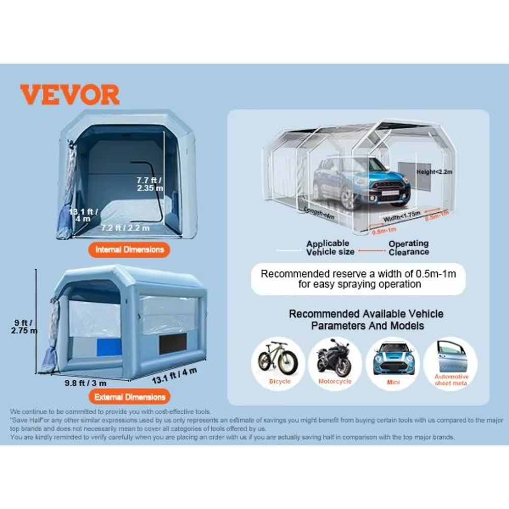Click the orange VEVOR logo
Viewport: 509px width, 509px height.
(x=70, y=95)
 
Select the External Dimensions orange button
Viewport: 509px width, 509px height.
(x=130, y=397)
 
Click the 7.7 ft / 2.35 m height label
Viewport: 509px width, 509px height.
(x=150, y=184)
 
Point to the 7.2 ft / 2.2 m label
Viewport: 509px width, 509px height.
(x=125, y=228)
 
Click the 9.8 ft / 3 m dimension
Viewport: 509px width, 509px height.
(x=86, y=382)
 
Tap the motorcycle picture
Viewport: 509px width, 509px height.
(x=334, y=361)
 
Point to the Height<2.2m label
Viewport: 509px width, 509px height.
(x=433, y=173)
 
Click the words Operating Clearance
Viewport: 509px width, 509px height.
(x=409, y=248)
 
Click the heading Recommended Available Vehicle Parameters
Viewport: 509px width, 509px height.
(x=366, y=319)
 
